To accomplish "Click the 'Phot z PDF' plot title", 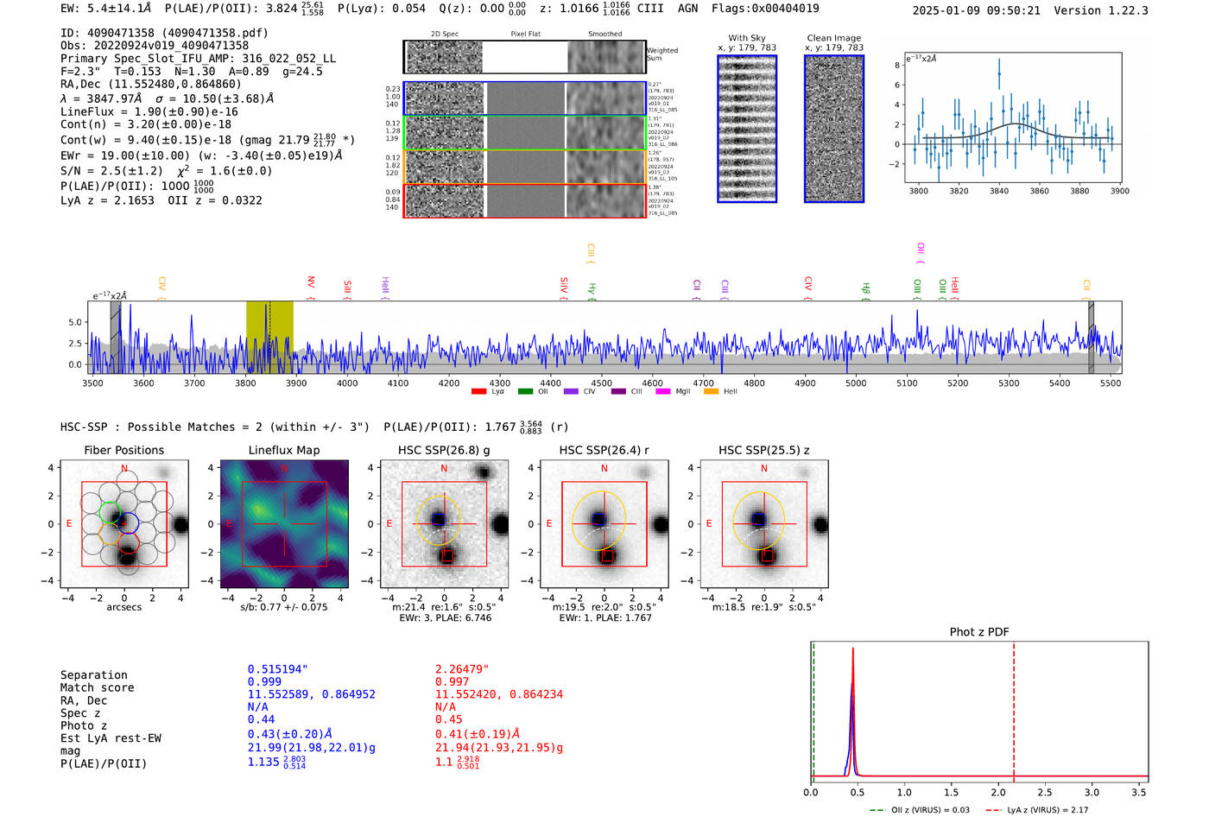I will (x=979, y=632).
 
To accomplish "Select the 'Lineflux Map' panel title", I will (x=284, y=450).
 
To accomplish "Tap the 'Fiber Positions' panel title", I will (x=123, y=450).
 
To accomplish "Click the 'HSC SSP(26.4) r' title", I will (x=604, y=450).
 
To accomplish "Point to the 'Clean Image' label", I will (x=833, y=38).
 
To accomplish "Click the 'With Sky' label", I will (x=746, y=38).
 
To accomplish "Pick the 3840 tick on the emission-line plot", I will (x=999, y=191).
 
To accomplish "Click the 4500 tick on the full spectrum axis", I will (x=601, y=383).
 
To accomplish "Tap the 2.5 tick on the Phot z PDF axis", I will (x=1045, y=792).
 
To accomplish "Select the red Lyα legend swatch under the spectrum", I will (x=478, y=392).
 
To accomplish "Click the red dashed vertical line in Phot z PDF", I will (x=1014, y=708).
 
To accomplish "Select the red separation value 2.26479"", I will (x=462, y=669).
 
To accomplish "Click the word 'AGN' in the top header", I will (x=687, y=9).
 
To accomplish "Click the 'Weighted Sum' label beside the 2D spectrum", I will (x=661, y=54).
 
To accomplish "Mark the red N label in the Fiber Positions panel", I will (x=124, y=469).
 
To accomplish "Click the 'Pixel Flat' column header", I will (x=525, y=35).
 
